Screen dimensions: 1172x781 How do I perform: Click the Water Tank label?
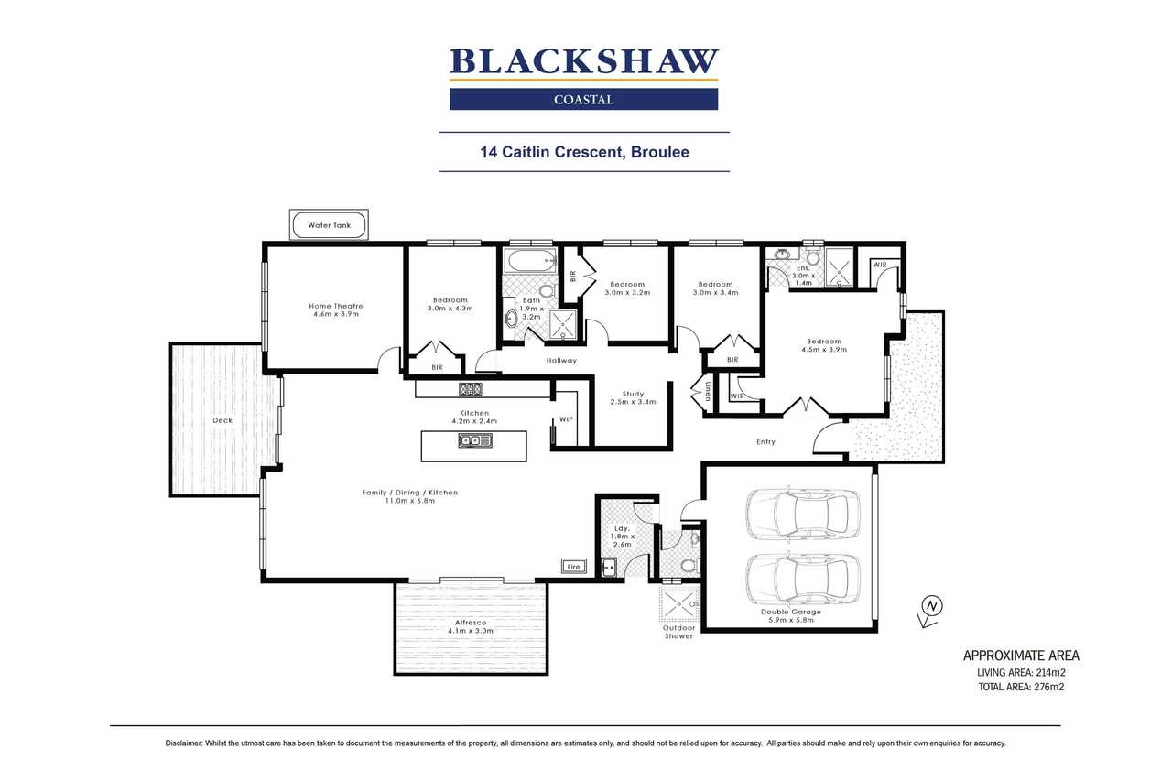pyautogui.click(x=329, y=225)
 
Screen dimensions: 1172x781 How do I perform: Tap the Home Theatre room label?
pyautogui.click(x=336, y=306)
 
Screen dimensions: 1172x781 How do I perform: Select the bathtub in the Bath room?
pyautogui.click(x=532, y=260)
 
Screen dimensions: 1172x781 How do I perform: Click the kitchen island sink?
pyautogui.click(x=475, y=441)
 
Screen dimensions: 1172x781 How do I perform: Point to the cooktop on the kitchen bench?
pyautogui.click(x=471, y=389)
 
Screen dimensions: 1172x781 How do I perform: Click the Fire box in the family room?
pyautogui.click(x=574, y=567)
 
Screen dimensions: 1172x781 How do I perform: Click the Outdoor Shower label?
pyautogui.click(x=679, y=632)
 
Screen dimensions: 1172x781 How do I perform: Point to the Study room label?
pyautogui.click(x=633, y=394)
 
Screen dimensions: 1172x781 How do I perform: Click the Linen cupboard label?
pyautogui.click(x=708, y=391)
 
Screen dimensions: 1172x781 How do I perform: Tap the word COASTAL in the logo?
pyautogui.click(x=584, y=100)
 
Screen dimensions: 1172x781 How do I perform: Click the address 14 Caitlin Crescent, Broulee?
pyautogui.click(x=584, y=152)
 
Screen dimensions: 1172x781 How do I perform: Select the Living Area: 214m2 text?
pyautogui.click(x=1021, y=672)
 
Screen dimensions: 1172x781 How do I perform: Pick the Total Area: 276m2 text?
pyautogui.click(x=1021, y=687)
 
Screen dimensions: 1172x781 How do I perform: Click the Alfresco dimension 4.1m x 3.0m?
pyautogui.click(x=471, y=631)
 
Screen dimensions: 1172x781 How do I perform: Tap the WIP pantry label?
pyautogui.click(x=566, y=419)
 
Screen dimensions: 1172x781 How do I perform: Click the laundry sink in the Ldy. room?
pyautogui.click(x=609, y=568)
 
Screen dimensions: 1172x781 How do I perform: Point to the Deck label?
pyautogui.click(x=222, y=420)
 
